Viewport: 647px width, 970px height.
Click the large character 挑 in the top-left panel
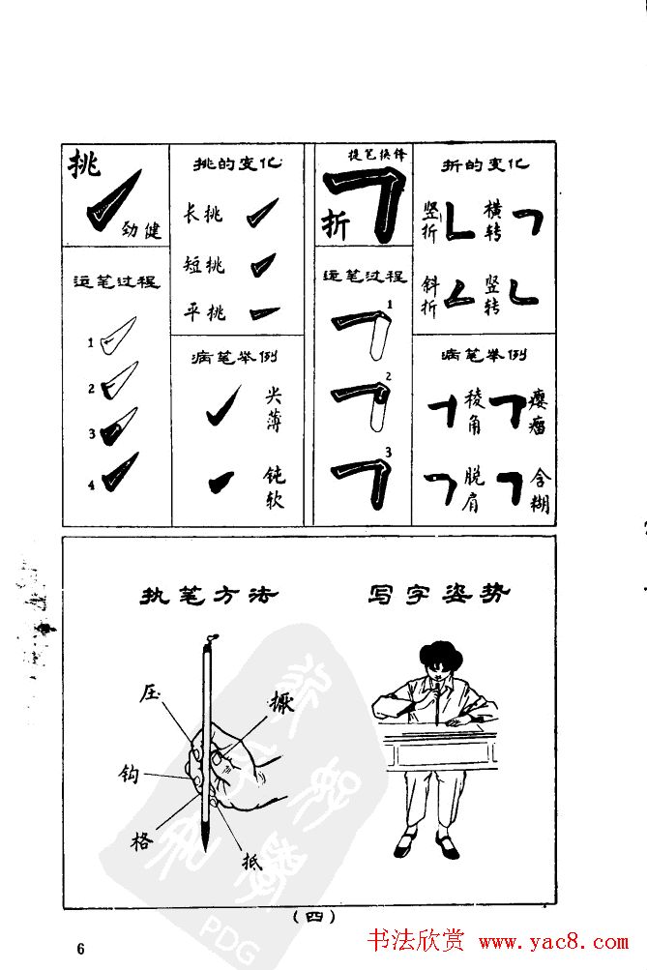(x=83, y=166)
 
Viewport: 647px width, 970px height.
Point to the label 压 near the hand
(x=149, y=692)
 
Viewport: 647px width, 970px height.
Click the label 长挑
(x=203, y=214)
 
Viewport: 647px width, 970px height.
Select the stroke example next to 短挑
(x=262, y=265)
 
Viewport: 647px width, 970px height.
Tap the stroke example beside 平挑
(x=262, y=312)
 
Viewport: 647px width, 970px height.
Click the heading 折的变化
(x=485, y=164)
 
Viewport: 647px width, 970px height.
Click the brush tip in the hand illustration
(x=204, y=832)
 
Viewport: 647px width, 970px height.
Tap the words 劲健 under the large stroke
(x=142, y=230)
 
